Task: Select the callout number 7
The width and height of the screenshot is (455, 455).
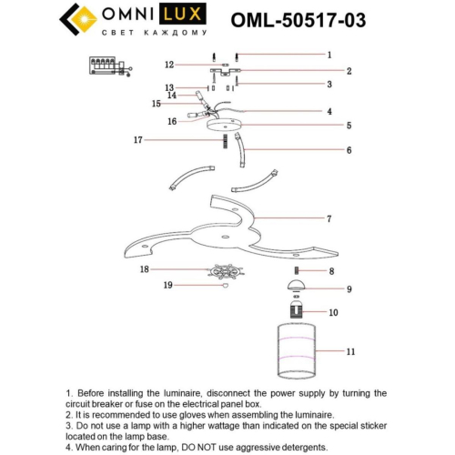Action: coord(329,218)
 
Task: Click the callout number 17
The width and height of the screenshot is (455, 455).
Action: coord(137,140)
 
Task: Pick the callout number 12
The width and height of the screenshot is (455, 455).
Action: coord(168,66)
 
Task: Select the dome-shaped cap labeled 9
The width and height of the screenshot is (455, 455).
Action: coord(297,288)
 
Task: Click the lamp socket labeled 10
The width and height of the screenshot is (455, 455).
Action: coord(297,312)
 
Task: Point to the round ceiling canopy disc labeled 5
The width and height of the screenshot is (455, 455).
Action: coord(223,126)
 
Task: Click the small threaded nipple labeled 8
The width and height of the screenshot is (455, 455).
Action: coord(297,271)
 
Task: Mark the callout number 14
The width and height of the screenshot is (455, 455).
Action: coord(170,95)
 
